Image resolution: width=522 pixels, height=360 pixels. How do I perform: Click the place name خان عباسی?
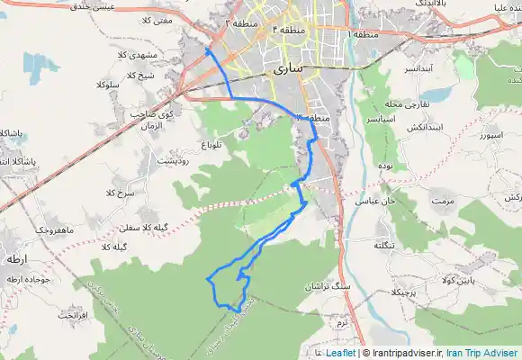coord(378,201)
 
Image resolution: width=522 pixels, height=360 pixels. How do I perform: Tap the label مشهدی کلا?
coord(163,55)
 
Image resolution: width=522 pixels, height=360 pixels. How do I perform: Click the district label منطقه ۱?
coord(359,33)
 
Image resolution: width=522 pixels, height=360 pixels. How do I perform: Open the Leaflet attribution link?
coord(340,354)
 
